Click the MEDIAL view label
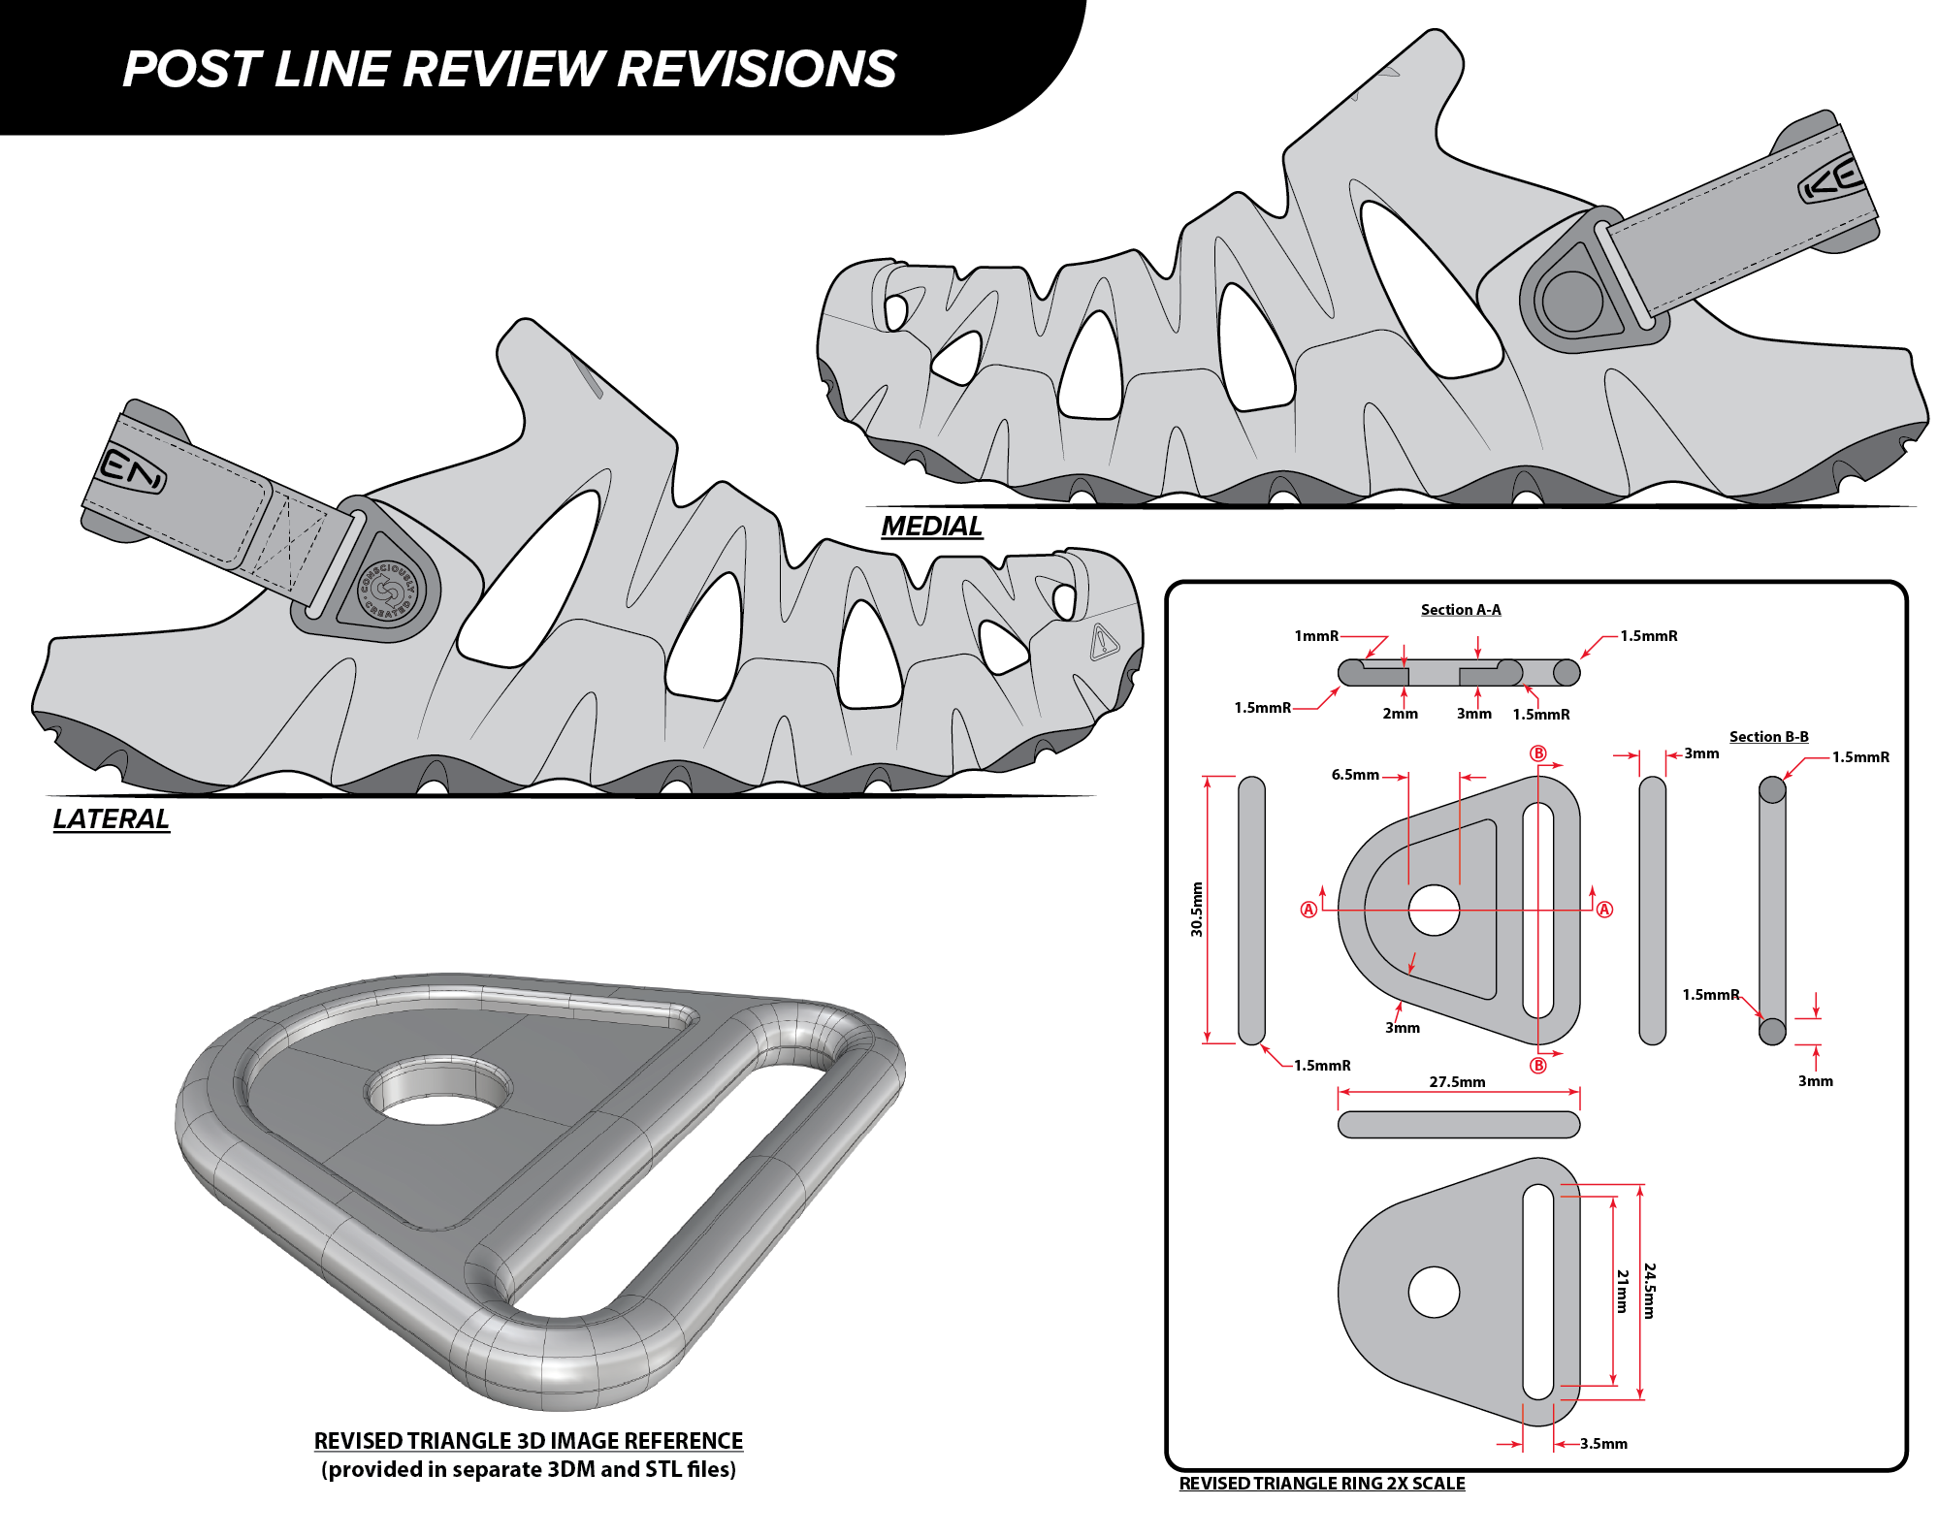(931, 526)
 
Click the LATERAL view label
(111, 818)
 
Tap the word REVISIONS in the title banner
(757, 70)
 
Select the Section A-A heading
(1460, 609)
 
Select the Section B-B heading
(1768, 736)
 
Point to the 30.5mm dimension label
(1197, 909)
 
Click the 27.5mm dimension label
(1456, 1081)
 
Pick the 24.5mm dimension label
(1649, 1290)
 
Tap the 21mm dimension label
(1622, 1290)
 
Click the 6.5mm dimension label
(1354, 775)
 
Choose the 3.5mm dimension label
(1603, 1443)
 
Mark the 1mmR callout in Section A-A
(1315, 636)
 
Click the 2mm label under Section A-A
(1400, 714)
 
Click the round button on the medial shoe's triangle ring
(1571, 301)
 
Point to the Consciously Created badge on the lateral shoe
(389, 592)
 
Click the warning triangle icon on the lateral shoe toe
(1103, 642)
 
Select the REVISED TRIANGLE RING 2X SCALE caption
(1321, 1483)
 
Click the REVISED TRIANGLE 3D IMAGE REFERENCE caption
(528, 1440)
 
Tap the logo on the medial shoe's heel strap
(1831, 179)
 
